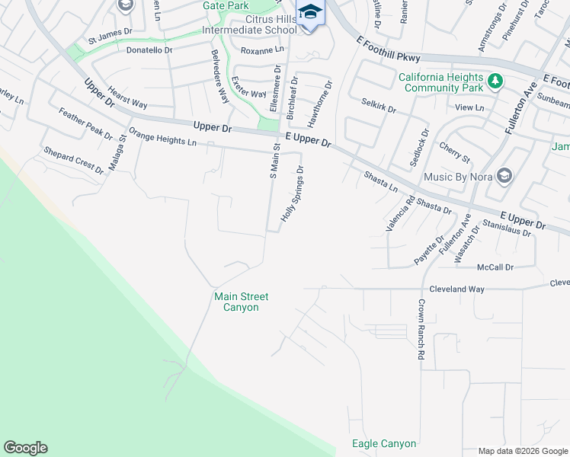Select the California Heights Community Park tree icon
pyautogui.click(x=495, y=81)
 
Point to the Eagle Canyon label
pyautogui.click(x=384, y=443)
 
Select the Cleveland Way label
pyautogui.click(x=456, y=289)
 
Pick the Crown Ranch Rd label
pyautogui.click(x=420, y=329)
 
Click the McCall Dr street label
pyautogui.click(x=496, y=267)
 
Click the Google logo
pyautogui.click(x=25, y=448)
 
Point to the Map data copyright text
pyautogui.click(x=523, y=451)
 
